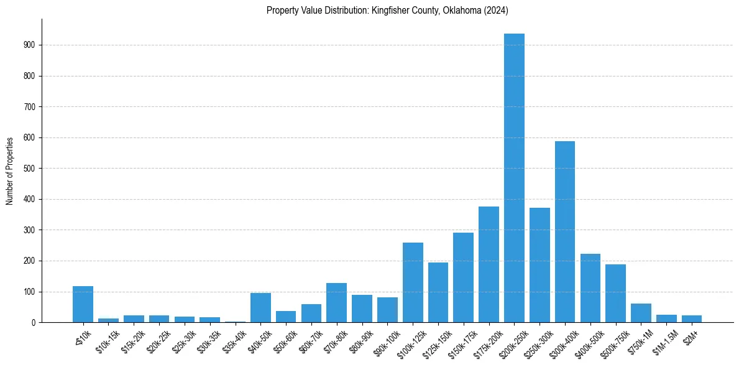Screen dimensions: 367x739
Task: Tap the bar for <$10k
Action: pos(83,304)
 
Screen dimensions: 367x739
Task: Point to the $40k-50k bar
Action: pos(260,308)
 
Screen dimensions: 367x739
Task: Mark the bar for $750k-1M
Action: pos(641,313)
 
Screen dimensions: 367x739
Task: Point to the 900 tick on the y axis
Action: pos(33,45)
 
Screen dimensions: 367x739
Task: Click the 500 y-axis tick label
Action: pos(33,169)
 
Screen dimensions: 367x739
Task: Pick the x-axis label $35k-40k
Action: pos(234,338)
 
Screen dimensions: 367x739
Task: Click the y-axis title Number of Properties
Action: pos(10,171)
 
